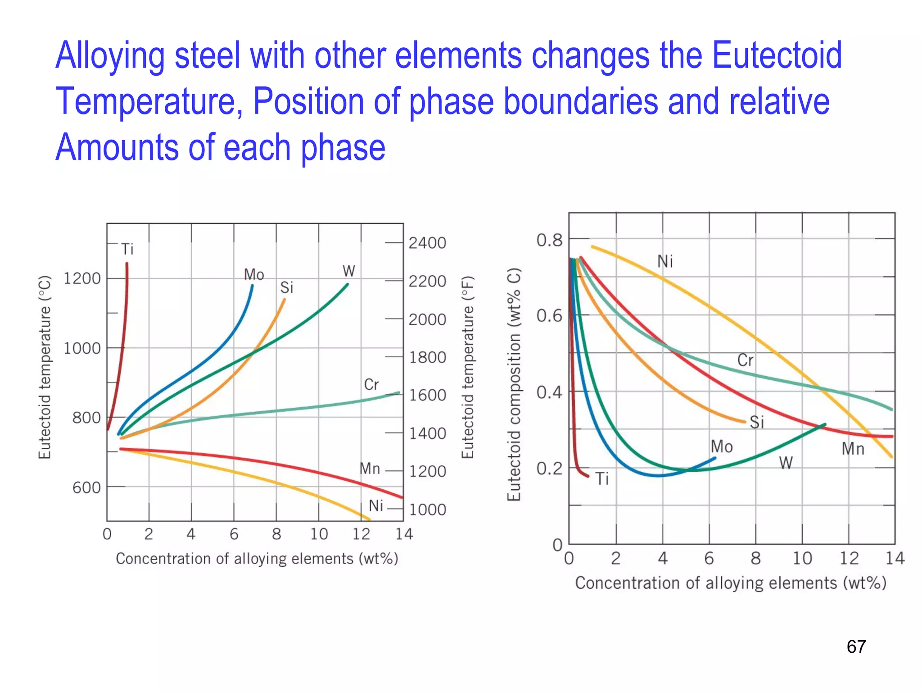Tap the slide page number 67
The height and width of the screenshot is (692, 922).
(856, 647)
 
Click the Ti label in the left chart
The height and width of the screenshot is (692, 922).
(127, 249)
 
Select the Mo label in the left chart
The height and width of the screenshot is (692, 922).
(254, 274)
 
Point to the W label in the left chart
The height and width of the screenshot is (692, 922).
(349, 271)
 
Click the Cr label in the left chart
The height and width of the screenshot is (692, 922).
(371, 385)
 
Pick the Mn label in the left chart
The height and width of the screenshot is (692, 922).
(370, 469)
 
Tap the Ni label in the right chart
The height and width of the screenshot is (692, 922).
(665, 261)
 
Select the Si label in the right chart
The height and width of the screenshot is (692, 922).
(757, 422)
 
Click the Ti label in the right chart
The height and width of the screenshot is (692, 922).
(602, 478)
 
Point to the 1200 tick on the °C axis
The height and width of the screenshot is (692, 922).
(82, 278)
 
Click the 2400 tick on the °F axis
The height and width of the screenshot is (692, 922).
(427, 243)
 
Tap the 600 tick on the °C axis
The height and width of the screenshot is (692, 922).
(86, 487)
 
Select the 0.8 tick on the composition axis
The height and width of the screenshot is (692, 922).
(549, 240)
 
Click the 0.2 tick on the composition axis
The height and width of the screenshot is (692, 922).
(549, 469)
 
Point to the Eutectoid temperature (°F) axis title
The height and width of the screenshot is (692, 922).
(468, 367)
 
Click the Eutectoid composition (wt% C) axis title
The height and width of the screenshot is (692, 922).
(514, 384)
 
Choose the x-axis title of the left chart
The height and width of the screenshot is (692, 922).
(257, 559)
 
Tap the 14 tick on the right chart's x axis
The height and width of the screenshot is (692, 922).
(895, 559)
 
